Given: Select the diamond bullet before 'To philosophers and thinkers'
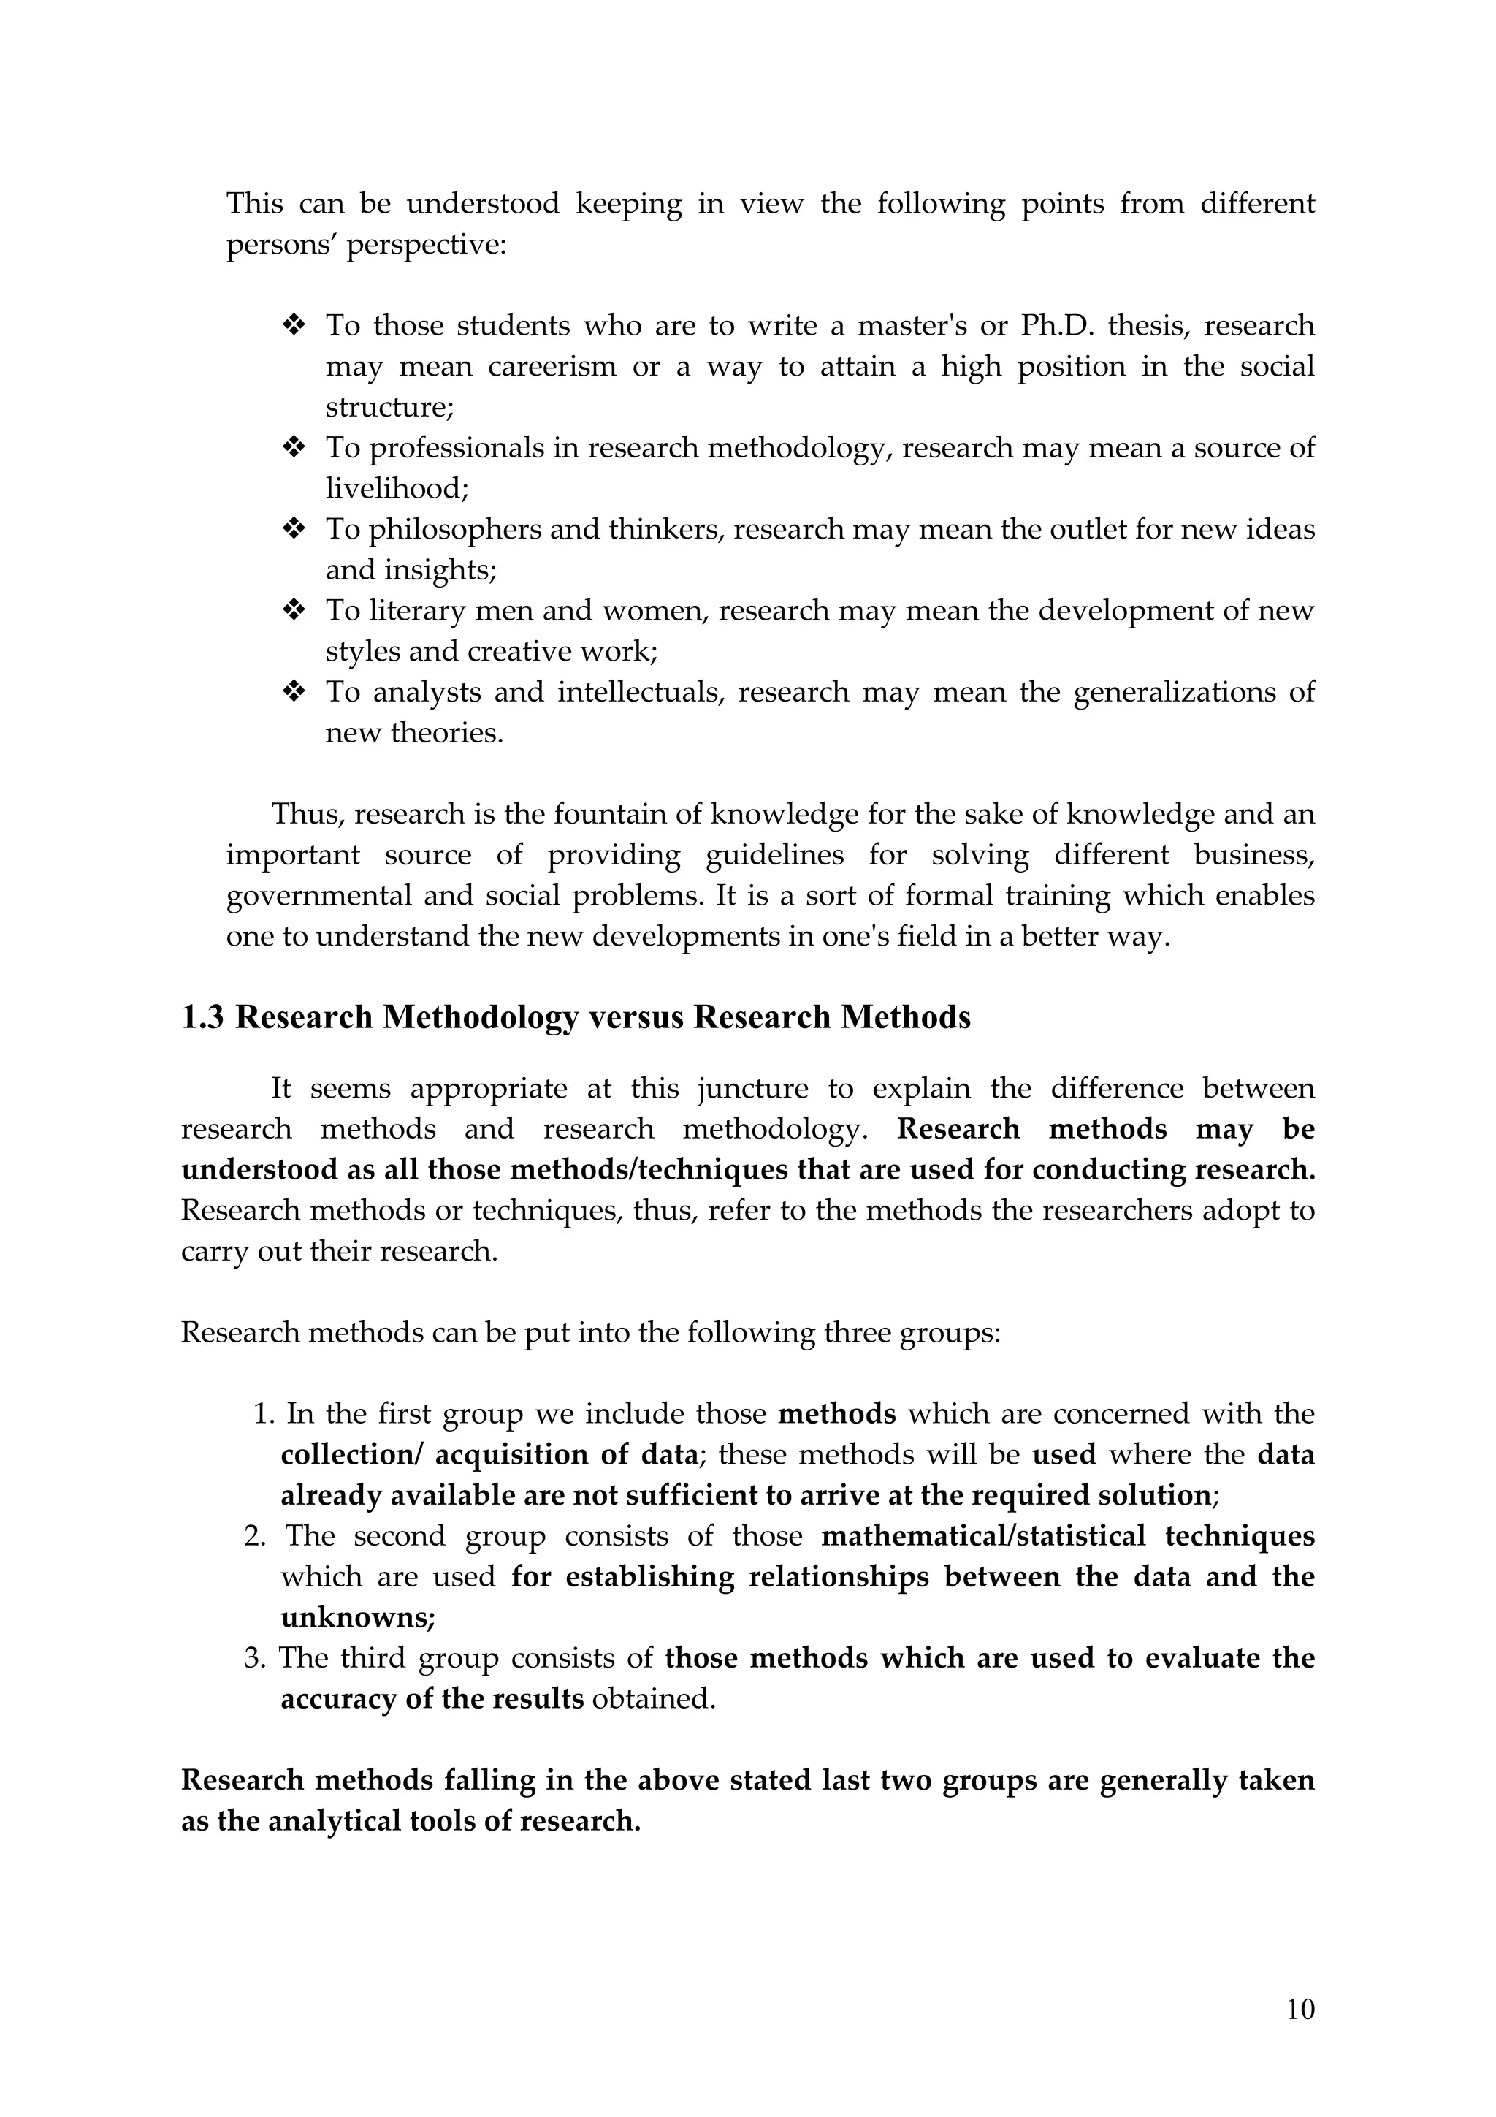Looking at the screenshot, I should coord(293,529).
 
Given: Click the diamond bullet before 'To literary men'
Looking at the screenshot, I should coord(293,610).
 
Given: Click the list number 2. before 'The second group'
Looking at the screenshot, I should coord(254,1536).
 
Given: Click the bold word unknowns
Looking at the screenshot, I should coord(358,1617).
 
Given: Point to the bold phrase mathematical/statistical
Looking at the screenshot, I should coord(982,1536).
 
